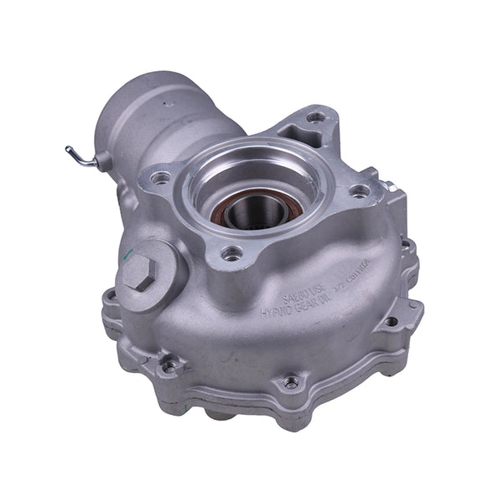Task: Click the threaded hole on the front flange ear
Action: click(232, 252)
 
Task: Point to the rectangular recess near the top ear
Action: click(294, 132)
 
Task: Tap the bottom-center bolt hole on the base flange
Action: click(290, 382)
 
